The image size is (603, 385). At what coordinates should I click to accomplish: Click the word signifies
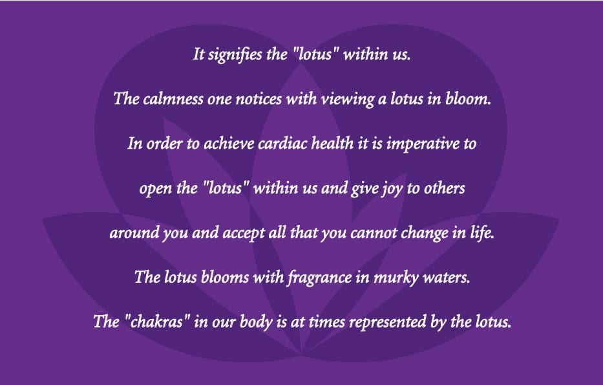tap(235, 54)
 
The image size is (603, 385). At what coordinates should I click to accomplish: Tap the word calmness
tap(173, 99)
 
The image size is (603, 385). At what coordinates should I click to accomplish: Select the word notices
tap(259, 100)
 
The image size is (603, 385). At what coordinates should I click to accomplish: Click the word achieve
tap(229, 144)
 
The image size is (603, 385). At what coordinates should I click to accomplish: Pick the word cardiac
tap(282, 144)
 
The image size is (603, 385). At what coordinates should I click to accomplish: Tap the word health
tap(332, 144)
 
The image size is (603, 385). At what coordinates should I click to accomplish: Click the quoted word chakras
tap(158, 322)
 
